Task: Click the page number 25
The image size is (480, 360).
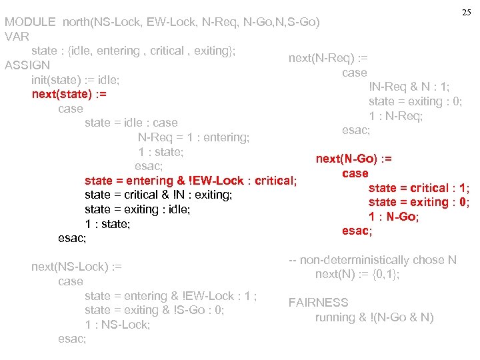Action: click(466, 13)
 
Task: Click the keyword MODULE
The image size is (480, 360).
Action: click(30, 22)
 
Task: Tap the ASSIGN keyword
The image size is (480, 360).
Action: click(27, 65)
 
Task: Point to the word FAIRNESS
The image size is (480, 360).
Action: click(318, 303)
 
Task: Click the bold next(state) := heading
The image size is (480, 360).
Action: click(69, 94)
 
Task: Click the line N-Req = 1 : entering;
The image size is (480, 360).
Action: click(193, 137)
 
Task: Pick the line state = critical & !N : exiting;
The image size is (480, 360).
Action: click(158, 195)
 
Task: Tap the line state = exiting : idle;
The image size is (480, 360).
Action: click(137, 209)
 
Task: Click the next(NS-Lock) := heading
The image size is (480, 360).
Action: click(77, 267)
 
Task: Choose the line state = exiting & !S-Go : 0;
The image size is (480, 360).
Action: click(154, 310)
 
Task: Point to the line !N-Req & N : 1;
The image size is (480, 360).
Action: click(409, 87)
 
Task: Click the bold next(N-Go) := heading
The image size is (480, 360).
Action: click(354, 159)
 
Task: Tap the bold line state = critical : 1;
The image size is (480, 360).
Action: click(419, 188)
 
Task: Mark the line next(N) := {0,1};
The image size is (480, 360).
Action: click(357, 274)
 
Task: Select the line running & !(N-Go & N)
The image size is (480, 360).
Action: click(374, 317)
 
